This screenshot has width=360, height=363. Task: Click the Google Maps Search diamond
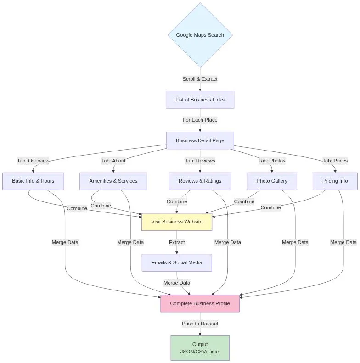coord(200,35)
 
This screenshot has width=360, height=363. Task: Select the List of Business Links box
coord(200,100)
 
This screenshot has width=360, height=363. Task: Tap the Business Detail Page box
coord(200,140)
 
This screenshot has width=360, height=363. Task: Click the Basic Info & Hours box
coord(33,181)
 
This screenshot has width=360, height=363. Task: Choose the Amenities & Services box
coord(113,181)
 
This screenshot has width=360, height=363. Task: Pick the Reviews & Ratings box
coord(200,181)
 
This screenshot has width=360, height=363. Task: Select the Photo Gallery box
coord(272,181)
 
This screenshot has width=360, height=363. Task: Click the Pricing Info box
coord(335,181)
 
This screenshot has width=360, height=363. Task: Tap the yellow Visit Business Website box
coord(177,222)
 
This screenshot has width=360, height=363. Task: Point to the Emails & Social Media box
coord(177,262)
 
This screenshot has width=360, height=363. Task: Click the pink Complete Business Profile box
coord(200,303)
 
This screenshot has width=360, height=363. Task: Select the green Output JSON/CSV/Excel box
coord(200,347)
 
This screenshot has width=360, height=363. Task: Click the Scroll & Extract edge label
coord(200,79)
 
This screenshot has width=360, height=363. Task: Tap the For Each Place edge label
coord(200,120)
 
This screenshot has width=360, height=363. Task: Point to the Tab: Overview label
coord(33,161)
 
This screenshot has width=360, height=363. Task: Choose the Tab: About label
coord(113,161)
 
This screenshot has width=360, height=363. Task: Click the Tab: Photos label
coord(272,161)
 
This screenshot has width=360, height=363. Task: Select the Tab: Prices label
coord(335,161)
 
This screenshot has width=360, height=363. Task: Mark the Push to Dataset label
coord(200,324)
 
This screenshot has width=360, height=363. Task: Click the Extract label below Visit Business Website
coord(177,242)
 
